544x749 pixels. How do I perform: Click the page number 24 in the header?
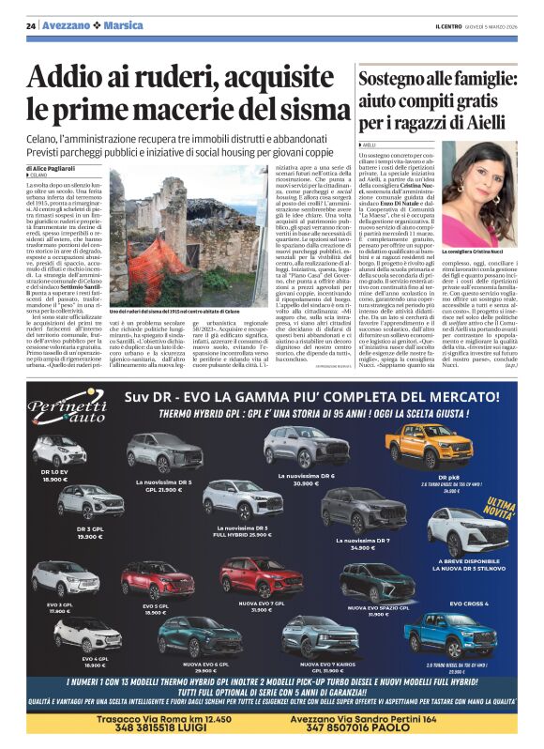[31, 25]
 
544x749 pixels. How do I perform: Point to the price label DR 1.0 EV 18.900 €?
[54, 475]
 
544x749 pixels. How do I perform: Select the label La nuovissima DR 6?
[307, 479]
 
